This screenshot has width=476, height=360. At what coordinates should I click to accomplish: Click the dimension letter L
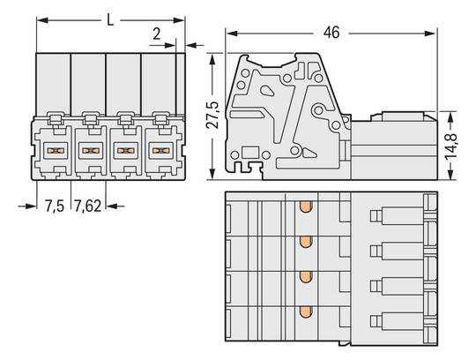(108, 17)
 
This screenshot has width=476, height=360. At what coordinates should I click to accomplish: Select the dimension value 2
(156, 34)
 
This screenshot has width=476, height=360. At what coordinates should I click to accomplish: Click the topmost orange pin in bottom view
(305, 206)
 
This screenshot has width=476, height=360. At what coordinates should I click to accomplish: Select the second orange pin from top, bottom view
(305, 242)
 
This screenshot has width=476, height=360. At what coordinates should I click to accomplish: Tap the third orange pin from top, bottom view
(305, 277)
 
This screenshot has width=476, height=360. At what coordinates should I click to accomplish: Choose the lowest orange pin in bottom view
(305, 311)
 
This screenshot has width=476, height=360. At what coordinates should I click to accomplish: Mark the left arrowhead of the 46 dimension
(231, 33)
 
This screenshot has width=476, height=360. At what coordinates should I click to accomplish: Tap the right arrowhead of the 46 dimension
(435, 33)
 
